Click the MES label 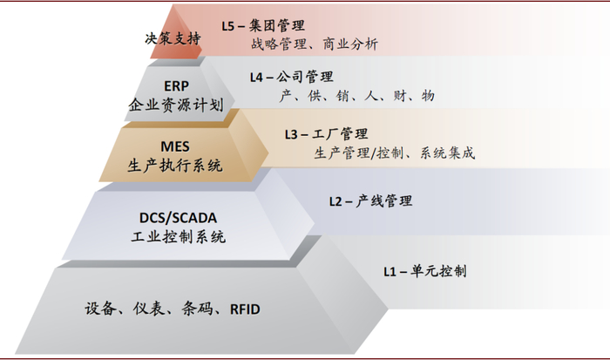pyautogui.click(x=174, y=146)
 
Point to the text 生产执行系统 pyautogui.click(x=174, y=165)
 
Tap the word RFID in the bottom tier pyautogui.click(x=245, y=308)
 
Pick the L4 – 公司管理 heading pyautogui.click(x=291, y=77)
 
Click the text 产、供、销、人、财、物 pyautogui.click(x=356, y=96)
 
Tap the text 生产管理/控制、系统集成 pyautogui.click(x=394, y=153)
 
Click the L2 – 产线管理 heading pyautogui.click(x=370, y=201)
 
